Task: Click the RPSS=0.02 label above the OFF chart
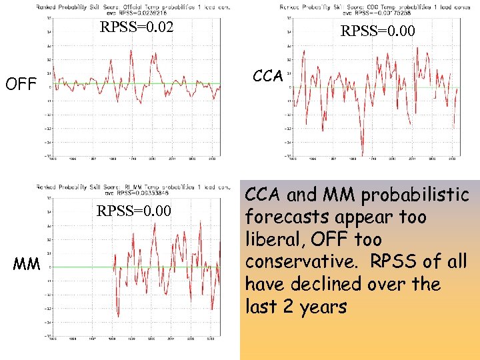(x=136, y=28)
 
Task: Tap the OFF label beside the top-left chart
(x=20, y=85)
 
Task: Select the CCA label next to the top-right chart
(x=268, y=76)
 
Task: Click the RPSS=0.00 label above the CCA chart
(x=377, y=31)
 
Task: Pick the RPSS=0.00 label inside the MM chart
(x=134, y=212)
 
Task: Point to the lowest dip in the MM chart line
(x=118, y=316)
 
